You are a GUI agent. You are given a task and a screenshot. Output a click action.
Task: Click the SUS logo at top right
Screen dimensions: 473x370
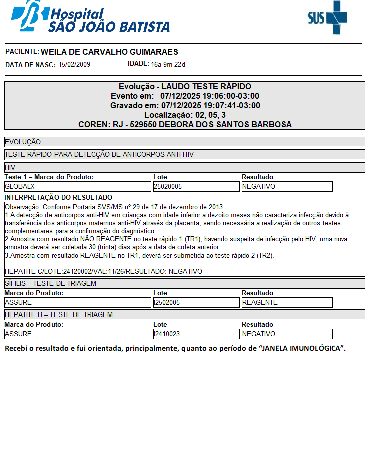pos(327,18)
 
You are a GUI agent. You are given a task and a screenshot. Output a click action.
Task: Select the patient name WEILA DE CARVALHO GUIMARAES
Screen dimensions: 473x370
pos(109,52)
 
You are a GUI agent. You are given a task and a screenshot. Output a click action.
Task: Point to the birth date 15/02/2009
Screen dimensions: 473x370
pos(74,64)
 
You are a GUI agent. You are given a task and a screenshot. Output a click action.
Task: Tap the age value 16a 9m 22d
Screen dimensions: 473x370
pos(168,64)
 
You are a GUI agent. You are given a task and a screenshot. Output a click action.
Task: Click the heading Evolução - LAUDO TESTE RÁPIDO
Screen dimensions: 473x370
pos(185,86)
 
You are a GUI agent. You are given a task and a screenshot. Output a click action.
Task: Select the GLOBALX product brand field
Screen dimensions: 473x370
pos(77,186)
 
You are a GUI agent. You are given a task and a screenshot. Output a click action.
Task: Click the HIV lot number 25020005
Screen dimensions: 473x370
pos(196,186)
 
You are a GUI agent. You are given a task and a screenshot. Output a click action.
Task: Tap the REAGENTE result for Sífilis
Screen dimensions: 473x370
pos(287,302)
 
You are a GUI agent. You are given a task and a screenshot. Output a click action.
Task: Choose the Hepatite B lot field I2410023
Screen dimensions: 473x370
pos(196,334)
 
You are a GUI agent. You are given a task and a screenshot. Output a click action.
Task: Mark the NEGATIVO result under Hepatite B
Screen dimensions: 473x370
pos(287,334)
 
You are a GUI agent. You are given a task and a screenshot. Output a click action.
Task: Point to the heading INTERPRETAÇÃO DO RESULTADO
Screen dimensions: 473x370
pos(58,197)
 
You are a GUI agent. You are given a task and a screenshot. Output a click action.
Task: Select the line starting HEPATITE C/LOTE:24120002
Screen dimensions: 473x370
pos(103,271)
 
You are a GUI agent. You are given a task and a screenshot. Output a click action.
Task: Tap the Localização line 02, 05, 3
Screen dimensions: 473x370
pos(185,115)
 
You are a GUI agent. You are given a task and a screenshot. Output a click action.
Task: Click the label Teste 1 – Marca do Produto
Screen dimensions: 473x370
pos(49,177)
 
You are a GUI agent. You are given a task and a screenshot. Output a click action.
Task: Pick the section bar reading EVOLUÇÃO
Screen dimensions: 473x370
pos(185,142)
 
